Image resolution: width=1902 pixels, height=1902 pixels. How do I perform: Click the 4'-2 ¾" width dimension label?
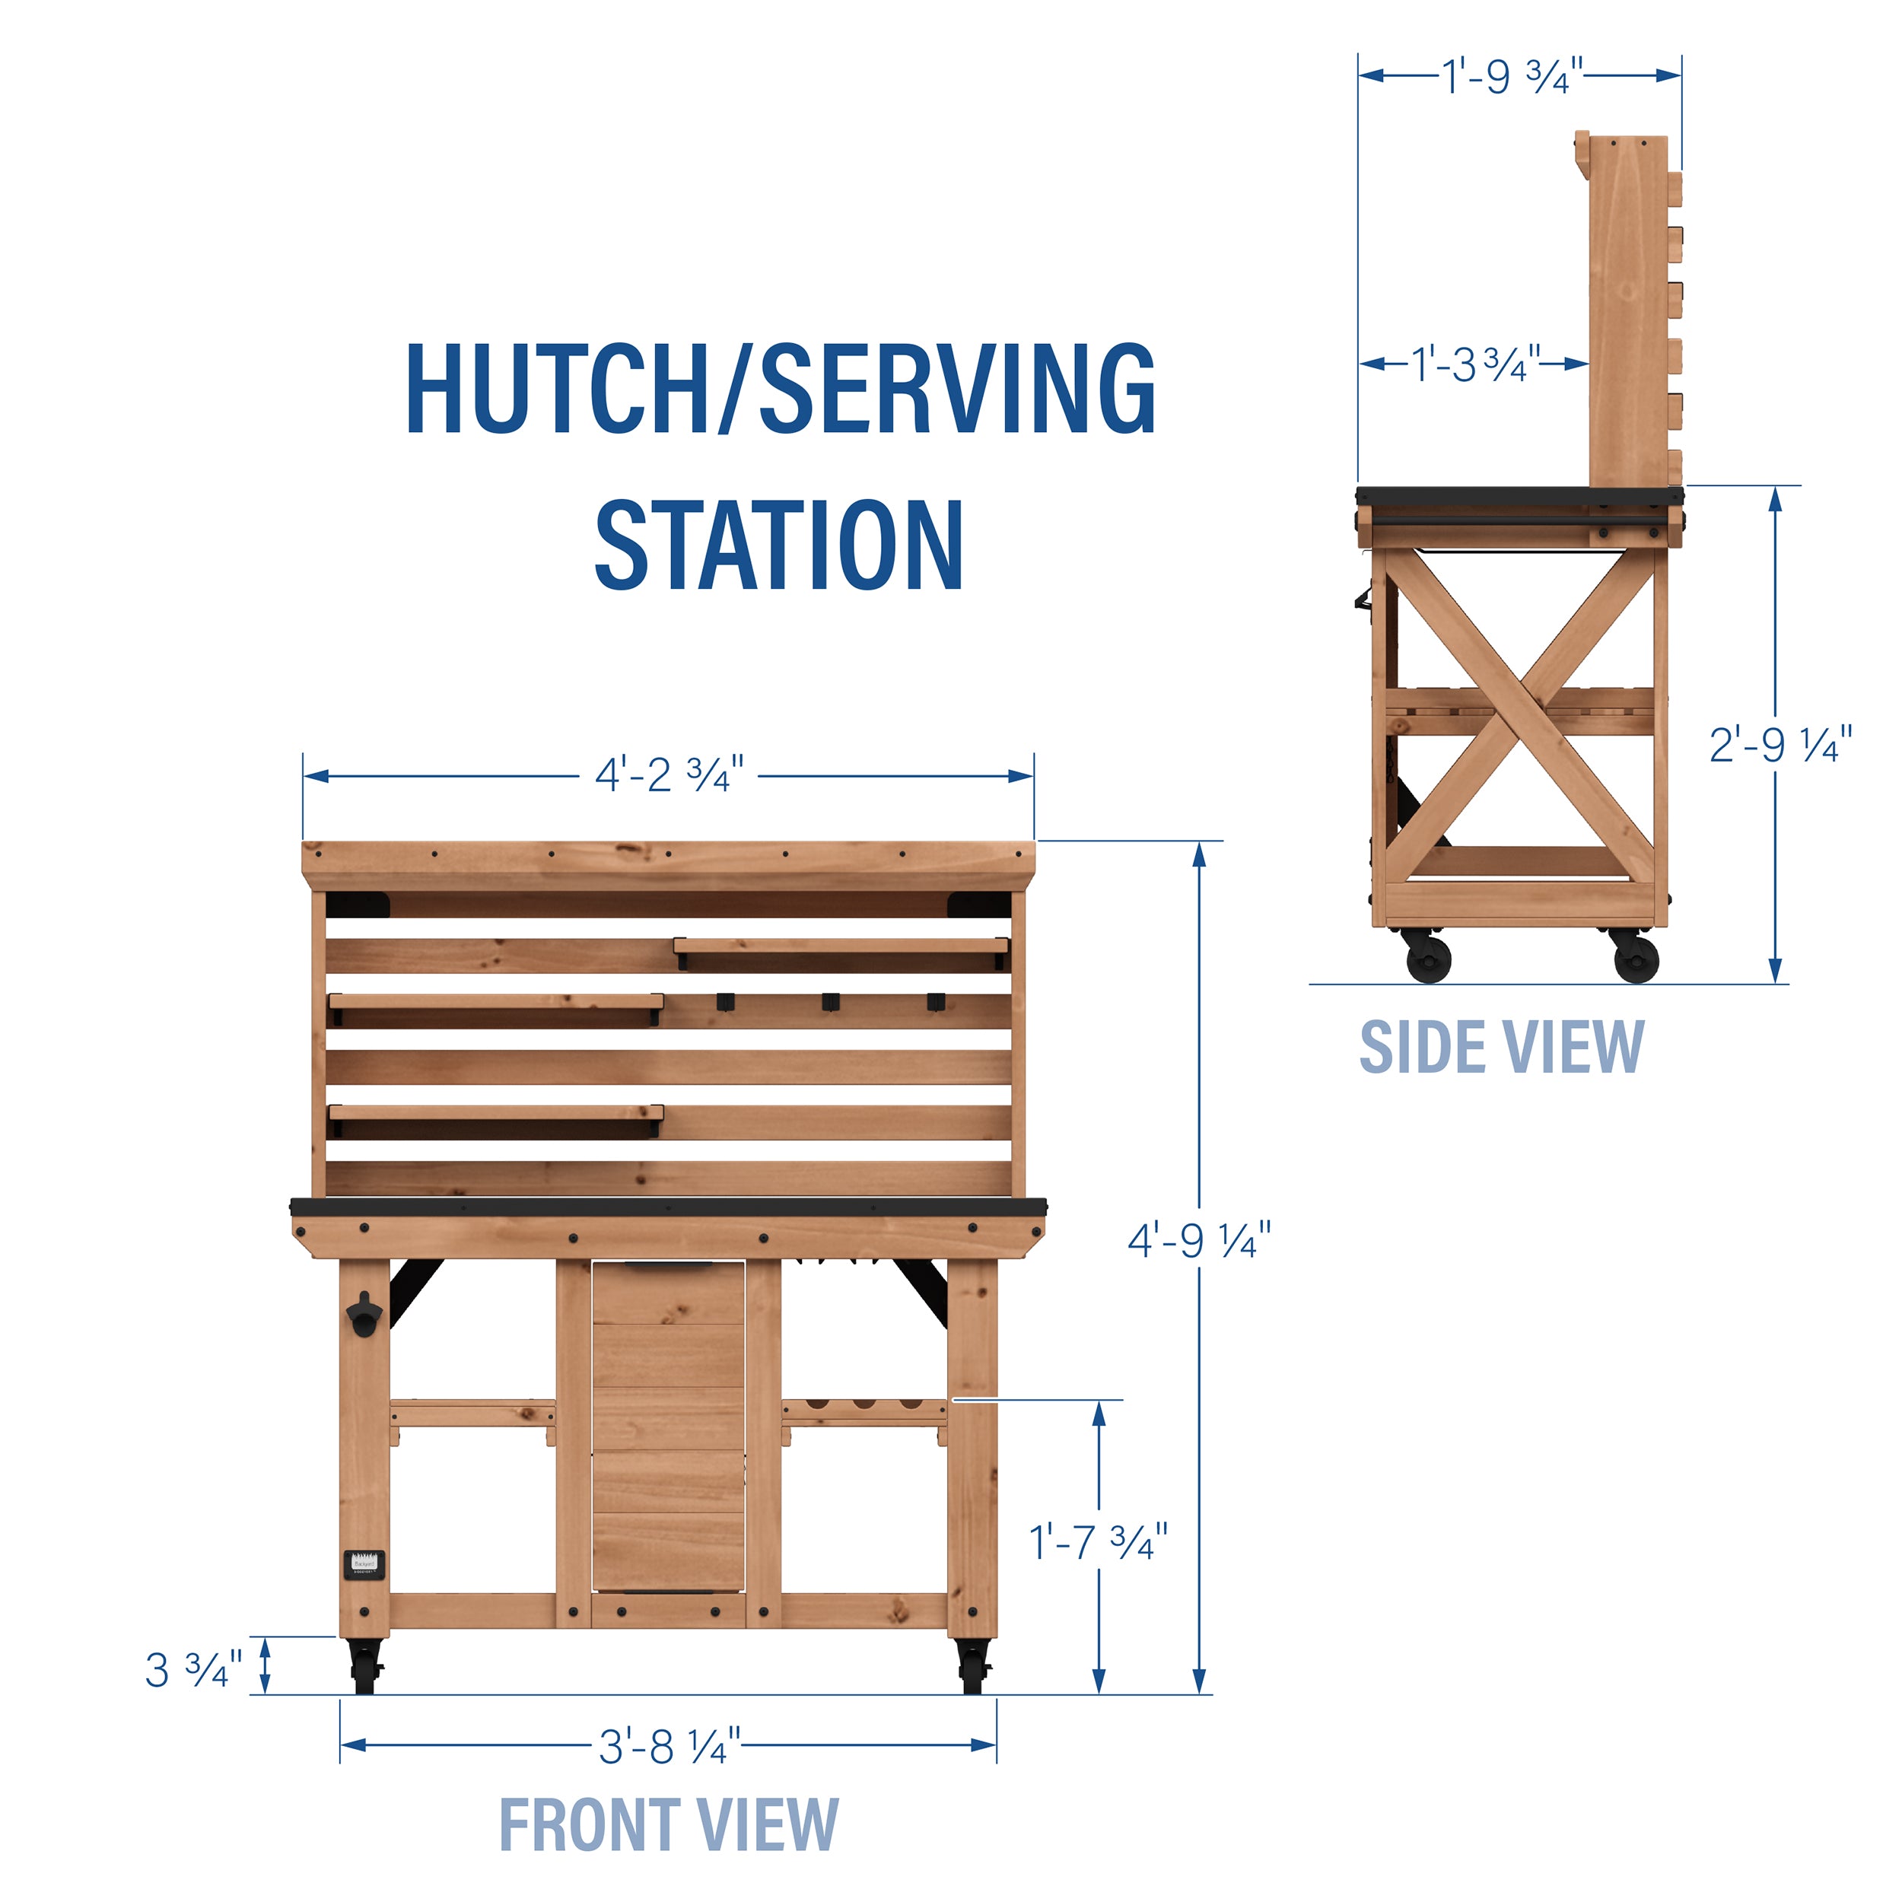669,776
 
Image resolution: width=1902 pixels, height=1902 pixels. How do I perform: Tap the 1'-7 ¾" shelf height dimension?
1098,1541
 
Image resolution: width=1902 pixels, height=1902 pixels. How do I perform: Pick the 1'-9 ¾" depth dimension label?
1512,76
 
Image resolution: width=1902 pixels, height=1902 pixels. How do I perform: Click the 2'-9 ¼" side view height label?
1780,746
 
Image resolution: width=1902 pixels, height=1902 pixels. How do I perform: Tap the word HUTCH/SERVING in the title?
781,389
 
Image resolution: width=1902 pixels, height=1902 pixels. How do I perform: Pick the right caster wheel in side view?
1635,957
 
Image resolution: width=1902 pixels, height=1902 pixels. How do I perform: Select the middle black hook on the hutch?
831,1002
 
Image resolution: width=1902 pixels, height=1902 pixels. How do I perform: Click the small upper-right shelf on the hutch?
841,947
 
